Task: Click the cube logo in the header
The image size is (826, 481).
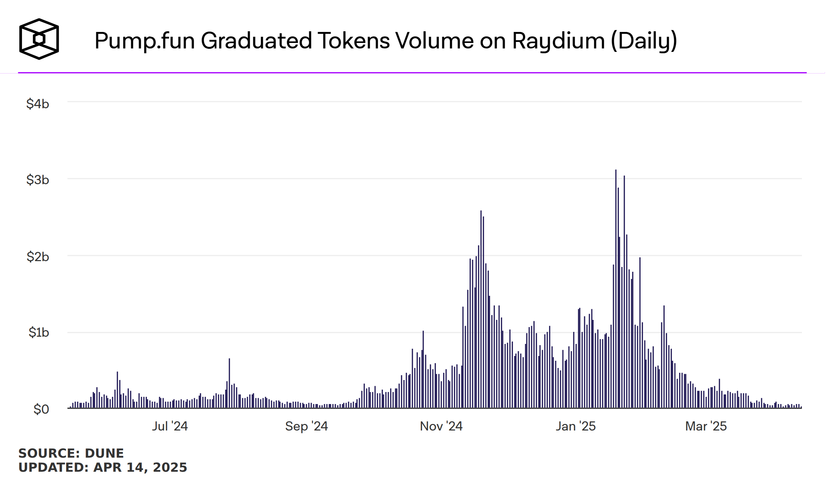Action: (x=39, y=39)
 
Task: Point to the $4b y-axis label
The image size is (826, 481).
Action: (x=38, y=104)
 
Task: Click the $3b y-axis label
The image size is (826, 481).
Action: (x=38, y=180)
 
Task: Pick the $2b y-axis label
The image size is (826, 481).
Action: (x=38, y=257)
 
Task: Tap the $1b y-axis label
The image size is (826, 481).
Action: (x=39, y=332)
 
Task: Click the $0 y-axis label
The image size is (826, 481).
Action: (x=41, y=409)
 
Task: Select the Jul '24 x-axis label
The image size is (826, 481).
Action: (x=170, y=426)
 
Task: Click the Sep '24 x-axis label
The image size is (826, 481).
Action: (x=306, y=426)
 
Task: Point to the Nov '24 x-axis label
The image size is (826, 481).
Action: (x=441, y=426)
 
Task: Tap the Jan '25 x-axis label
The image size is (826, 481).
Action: (x=576, y=426)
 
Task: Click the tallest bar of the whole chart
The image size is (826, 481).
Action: (x=616, y=289)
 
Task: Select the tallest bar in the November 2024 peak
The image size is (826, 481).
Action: (x=481, y=309)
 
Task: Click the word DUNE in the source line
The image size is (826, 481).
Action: (x=104, y=453)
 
